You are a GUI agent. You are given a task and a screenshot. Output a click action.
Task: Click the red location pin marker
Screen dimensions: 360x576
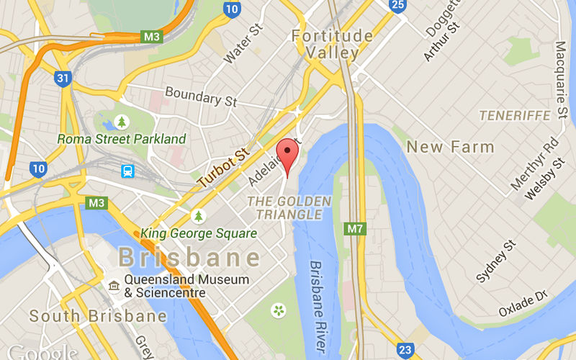click(288, 154)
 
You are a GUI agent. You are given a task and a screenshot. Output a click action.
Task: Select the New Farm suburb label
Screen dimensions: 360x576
click(450, 148)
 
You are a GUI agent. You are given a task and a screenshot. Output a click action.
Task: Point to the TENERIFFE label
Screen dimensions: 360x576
click(515, 115)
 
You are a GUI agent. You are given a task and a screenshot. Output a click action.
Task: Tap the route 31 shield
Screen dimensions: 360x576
click(63, 77)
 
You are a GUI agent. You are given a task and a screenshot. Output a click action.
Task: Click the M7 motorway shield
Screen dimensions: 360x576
click(354, 230)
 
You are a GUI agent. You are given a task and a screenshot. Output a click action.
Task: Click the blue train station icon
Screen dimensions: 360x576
click(128, 171)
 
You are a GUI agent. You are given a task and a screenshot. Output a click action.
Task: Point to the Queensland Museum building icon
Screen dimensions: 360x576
click(113, 287)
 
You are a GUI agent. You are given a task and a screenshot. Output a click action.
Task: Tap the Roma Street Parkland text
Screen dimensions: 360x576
click(122, 139)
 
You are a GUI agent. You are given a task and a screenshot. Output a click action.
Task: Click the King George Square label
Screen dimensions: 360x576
click(199, 233)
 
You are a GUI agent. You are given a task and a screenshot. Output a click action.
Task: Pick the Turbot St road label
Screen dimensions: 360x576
click(223, 168)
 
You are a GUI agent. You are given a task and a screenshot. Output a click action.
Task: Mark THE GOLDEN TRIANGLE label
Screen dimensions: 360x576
click(289, 207)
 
